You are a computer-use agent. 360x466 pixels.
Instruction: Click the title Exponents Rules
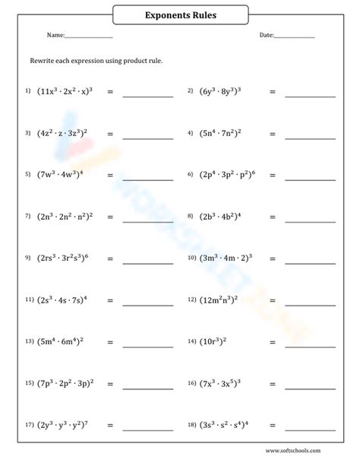point(180,14)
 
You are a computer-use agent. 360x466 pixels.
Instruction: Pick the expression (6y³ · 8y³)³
point(219,90)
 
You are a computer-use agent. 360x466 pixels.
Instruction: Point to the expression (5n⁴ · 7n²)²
point(219,132)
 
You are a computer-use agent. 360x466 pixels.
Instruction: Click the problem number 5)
point(27,174)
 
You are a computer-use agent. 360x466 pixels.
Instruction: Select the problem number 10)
point(192,258)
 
